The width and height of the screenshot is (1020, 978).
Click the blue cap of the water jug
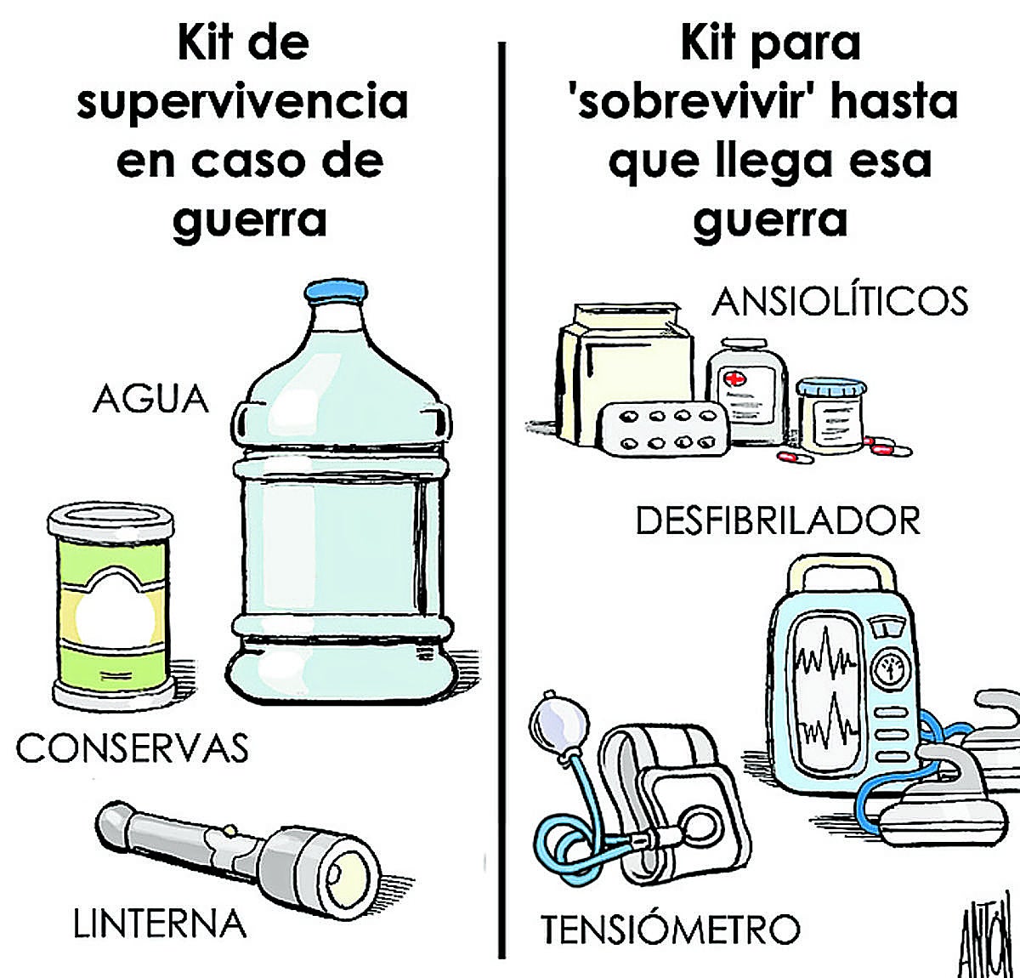(x=336, y=291)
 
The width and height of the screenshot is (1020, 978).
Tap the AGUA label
(x=150, y=400)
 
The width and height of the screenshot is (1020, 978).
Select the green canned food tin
(x=111, y=606)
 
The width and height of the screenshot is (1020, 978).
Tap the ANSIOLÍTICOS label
(x=839, y=302)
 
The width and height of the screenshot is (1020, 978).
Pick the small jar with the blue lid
(x=830, y=415)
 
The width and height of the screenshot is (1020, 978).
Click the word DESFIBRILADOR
(x=778, y=520)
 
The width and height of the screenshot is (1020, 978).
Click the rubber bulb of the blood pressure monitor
(x=559, y=721)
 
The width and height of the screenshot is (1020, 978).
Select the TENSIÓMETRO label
(x=671, y=930)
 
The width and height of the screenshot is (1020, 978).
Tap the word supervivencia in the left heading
(x=242, y=103)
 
